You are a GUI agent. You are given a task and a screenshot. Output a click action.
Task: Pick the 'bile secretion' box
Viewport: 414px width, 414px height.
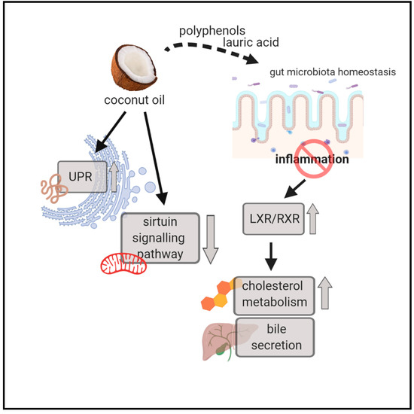pyautogui.click(x=275, y=336)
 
